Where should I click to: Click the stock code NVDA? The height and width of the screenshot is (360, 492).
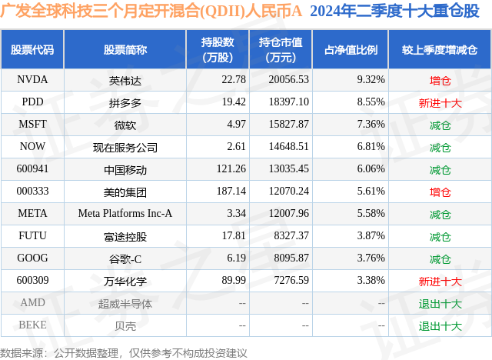[32, 79]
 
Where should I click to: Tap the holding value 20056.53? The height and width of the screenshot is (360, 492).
[284, 79]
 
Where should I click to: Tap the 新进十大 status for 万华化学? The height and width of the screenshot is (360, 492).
[440, 282]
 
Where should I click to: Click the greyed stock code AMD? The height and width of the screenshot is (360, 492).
[32, 303]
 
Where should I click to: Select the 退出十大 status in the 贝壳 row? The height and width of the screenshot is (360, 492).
[440, 325]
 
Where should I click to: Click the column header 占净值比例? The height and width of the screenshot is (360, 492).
[351, 49]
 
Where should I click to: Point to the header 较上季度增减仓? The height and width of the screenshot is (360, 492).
[439, 49]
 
